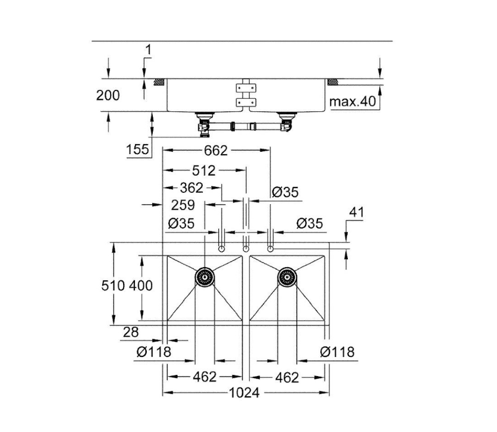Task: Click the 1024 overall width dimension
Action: [244, 393]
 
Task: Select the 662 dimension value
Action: [216, 151]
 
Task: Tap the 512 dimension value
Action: [203, 171]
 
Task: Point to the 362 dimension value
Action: [191, 188]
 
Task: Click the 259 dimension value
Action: [183, 205]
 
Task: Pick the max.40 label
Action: [353, 102]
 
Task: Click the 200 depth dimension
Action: [108, 95]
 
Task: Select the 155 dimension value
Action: [137, 149]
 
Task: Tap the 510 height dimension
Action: [113, 286]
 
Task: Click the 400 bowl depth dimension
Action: [141, 286]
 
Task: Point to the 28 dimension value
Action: [131, 332]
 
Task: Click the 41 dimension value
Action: [357, 212]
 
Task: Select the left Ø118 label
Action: [154, 352]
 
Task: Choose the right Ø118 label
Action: [337, 352]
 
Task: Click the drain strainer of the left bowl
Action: [205, 277]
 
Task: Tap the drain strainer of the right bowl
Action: [287, 277]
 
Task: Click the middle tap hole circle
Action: [246, 249]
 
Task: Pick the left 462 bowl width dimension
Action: [205, 377]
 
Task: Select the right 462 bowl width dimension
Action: [287, 377]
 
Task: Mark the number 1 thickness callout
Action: [148, 50]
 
